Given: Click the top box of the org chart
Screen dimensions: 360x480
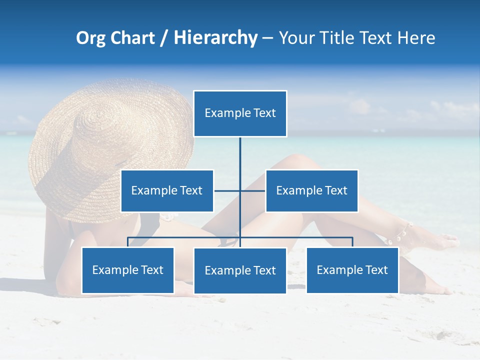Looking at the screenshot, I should pyautogui.click(x=240, y=113).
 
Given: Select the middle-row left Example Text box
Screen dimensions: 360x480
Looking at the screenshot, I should pyautogui.click(x=167, y=190).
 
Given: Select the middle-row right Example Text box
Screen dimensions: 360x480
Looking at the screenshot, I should pyautogui.click(x=311, y=190).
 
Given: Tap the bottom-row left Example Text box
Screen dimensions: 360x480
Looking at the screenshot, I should pyautogui.click(x=128, y=270).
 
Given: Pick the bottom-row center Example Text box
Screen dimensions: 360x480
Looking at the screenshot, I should pyautogui.click(x=240, y=270).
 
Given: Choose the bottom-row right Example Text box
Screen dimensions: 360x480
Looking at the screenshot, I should pyautogui.click(x=352, y=270).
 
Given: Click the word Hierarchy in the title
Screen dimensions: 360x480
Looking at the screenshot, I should pyautogui.click(x=215, y=38).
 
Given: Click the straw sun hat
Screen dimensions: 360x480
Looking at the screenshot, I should pyautogui.click(x=110, y=145).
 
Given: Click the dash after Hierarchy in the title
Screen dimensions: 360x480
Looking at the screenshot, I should pyautogui.click(x=267, y=38).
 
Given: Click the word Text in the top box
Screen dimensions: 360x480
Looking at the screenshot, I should pyautogui.click(x=264, y=113).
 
